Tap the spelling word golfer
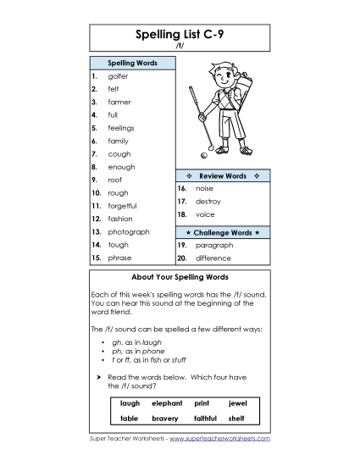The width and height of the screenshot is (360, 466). tap(118, 76)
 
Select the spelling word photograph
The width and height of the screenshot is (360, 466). tap(129, 231)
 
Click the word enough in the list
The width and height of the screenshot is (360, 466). tap(121, 167)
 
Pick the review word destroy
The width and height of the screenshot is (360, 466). tap(208, 202)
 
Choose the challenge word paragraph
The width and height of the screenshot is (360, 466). tap(214, 245)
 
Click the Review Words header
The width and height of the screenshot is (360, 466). tap(222, 175)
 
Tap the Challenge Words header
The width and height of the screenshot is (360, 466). tap(222, 231)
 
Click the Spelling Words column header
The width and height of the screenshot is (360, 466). tap(131, 63)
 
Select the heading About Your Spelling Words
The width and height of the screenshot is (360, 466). tap(180, 277)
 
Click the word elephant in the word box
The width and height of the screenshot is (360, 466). tap(167, 403)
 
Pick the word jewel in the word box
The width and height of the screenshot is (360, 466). tap(237, 403)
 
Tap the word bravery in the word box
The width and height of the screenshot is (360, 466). tap(164, 418)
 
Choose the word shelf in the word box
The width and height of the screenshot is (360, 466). tap(237, 418)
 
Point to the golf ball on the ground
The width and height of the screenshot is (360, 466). tap(203, 156)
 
